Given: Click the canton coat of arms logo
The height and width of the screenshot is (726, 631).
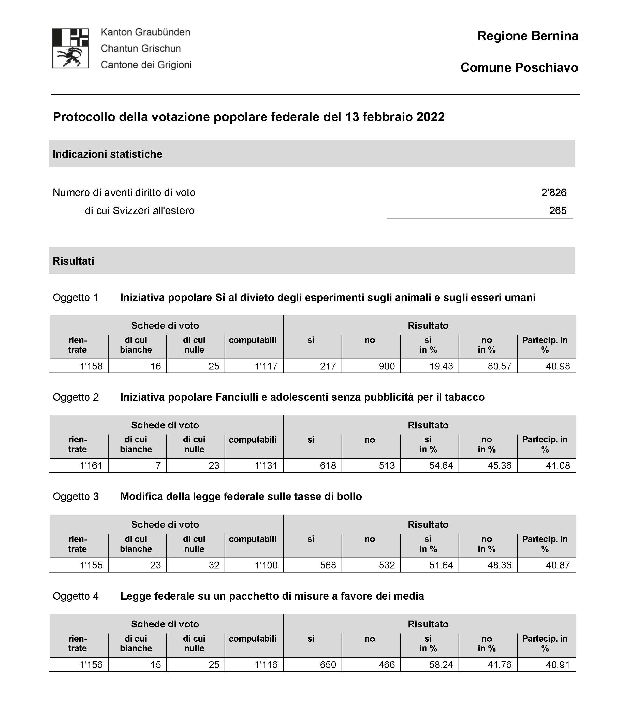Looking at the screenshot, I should pos(70,48).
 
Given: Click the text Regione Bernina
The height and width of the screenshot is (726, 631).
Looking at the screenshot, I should pos(527,36).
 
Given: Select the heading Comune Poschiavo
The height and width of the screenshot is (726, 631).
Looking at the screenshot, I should pos(519,68).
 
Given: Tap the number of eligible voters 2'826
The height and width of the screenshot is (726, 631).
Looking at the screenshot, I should pos(553,193).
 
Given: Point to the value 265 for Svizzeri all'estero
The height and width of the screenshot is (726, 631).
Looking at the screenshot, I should pos(558,211).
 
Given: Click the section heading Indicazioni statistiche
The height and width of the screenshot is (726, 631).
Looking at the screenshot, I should pos(107,155).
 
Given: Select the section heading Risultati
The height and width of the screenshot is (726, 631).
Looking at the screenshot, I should pos(73,261).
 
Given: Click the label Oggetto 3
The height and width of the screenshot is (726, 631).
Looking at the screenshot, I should pos(76,497).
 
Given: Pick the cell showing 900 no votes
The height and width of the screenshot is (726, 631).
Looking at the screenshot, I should pos(387,366).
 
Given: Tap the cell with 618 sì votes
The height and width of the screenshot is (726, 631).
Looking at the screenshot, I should pos(328,466).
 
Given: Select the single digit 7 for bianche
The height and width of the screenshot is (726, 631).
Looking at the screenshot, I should pos(158,466).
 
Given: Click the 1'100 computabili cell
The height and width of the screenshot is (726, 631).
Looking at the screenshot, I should pos(266,565).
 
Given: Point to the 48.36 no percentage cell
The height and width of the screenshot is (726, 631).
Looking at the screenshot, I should pos(499,565).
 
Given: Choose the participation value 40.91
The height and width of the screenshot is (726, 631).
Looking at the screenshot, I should pos(558,665).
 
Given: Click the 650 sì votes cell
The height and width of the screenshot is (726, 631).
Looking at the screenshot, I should pos(328,665).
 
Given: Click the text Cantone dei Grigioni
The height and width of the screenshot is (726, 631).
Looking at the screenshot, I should pos(146,65).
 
